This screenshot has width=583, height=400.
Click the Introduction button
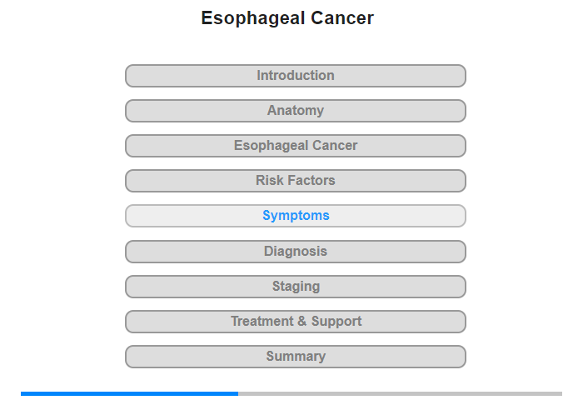click(x=295, y=76)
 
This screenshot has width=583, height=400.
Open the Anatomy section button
click(x=295, y=111)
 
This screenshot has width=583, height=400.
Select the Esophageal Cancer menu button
click(x=295, y=146)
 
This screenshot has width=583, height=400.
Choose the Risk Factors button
click(x=295, y=181)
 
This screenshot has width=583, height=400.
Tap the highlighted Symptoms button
click(x=295, y=216)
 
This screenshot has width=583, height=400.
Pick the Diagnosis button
click(x=295, y=252)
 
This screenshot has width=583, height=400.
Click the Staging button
click(x=295, y=287)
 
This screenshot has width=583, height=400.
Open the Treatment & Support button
click(x=295, y=322)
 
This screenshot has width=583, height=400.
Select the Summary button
click(x=295, y=357)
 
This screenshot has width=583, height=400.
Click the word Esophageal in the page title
click(x=253, y=18)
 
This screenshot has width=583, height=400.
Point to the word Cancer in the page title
click(x=342, y=17)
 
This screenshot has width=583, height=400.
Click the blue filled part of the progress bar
click(x=129, y=393)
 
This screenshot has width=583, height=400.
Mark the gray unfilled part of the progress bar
click(x=400, y=393)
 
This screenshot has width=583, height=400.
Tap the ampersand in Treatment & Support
click(x=301, y=321)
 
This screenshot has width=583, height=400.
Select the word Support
click(x=336, y=322)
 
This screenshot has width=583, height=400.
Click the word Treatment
click(x=262, y=321)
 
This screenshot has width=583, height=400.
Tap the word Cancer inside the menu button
click(x=335, y=146)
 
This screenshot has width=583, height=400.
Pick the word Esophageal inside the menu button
click(x=271, y=146)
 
